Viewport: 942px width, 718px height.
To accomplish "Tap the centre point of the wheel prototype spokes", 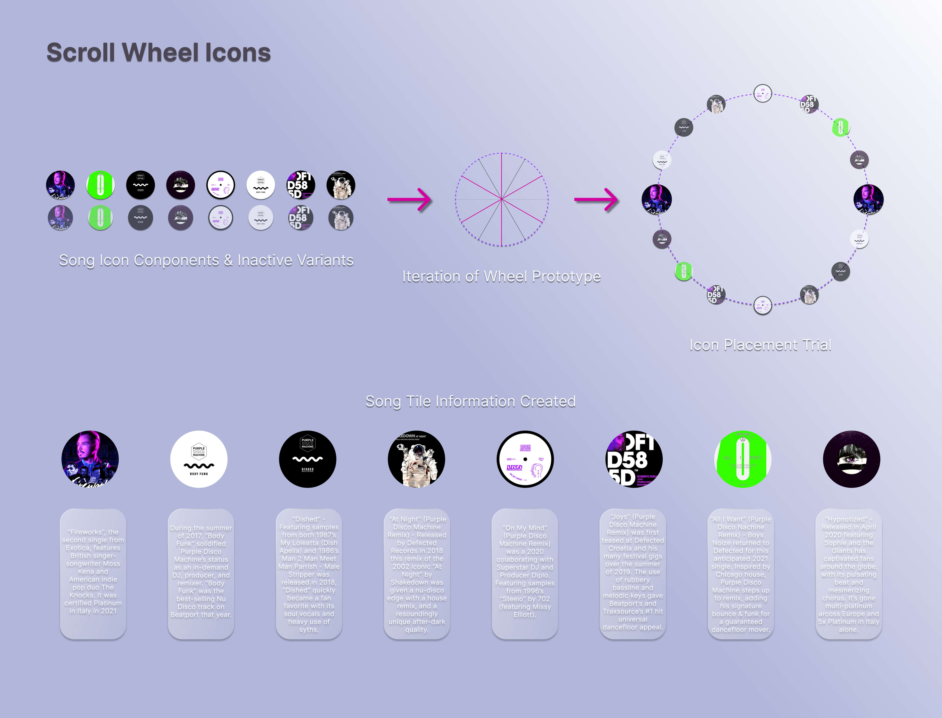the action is [x=502, y=199].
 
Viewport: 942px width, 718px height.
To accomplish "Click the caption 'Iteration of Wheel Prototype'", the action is [x=501, y=277].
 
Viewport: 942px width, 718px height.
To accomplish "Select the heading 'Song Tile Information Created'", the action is [x=470, y=401].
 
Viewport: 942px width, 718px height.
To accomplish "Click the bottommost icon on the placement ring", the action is [x=762, y=305].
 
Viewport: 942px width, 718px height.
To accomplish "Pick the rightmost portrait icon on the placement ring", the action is [x=869, y=199].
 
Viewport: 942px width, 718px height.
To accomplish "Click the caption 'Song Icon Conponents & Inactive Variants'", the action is [x=206, y=260].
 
